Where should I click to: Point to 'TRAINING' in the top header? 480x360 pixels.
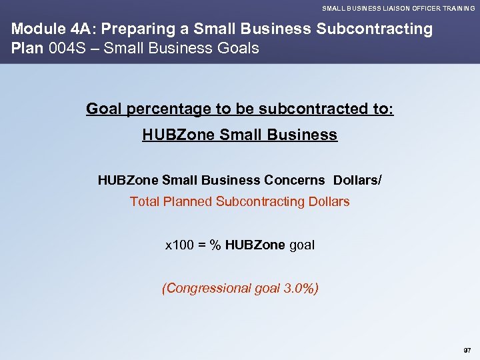click(x=457, y=8)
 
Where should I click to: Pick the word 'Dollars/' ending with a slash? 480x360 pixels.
click(x=357, y=180)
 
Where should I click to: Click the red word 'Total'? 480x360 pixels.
click(x=144, y=201)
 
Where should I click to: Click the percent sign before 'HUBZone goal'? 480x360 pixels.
click(x=215, y=245)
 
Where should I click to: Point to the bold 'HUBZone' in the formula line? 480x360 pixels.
click(x=255, y=245)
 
